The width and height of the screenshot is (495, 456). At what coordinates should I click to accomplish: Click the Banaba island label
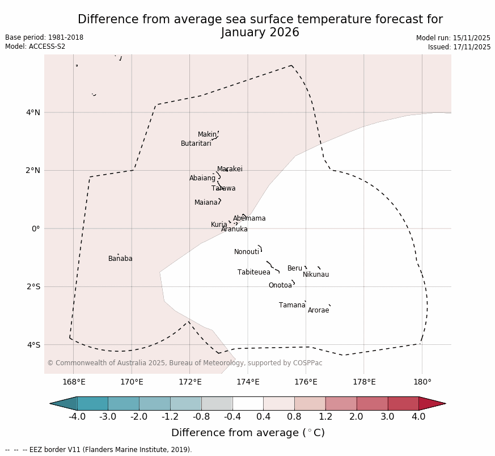pos(120,259)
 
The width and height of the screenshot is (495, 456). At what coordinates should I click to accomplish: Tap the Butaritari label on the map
pos(196,143)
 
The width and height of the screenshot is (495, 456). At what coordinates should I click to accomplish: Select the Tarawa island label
pos(223,188)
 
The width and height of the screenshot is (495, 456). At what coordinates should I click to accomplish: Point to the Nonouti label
pos(247,252)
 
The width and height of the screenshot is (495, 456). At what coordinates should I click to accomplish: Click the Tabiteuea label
pos(254,272)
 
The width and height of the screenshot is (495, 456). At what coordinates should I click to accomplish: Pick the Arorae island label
pos(318,310)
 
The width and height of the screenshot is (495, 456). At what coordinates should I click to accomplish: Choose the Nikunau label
pos(316,275)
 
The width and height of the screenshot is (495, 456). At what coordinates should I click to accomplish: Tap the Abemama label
pos(249,218)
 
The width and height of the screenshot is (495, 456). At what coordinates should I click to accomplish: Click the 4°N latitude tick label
pos(33,112)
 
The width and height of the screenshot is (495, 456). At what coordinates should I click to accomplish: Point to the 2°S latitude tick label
pos(33,286)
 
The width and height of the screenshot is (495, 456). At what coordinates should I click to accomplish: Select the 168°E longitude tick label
pos(74,382)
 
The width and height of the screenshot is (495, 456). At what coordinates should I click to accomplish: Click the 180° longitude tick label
pos(422,382)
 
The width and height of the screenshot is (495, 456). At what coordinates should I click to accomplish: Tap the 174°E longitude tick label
pos(248,382)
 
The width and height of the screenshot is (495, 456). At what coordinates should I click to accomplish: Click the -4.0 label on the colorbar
pos(77,417)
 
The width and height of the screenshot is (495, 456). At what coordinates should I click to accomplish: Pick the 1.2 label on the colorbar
pos(325,417)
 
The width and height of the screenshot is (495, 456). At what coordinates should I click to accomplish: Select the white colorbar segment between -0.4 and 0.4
pos(248,403)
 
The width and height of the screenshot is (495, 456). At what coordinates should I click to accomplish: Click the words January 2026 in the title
pos(260,32)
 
